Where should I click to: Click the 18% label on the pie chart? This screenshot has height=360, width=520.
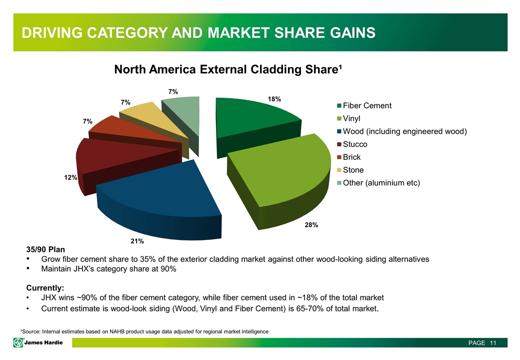(x=274, y=99)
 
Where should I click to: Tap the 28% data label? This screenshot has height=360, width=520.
(x=311, y=225)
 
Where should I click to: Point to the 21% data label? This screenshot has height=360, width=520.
(x=137, y=241)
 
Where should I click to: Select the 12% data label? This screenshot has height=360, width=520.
(x=70, y=177)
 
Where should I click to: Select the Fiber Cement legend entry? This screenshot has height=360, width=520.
(x=363, y=105)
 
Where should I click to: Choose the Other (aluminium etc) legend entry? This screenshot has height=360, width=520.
(x=378, y=183)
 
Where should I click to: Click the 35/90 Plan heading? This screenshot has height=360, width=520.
(x=45, y=249)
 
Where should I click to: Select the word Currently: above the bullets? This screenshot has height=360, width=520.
(x=44, y=288)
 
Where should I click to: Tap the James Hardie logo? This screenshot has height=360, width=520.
(x=38, y=342)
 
